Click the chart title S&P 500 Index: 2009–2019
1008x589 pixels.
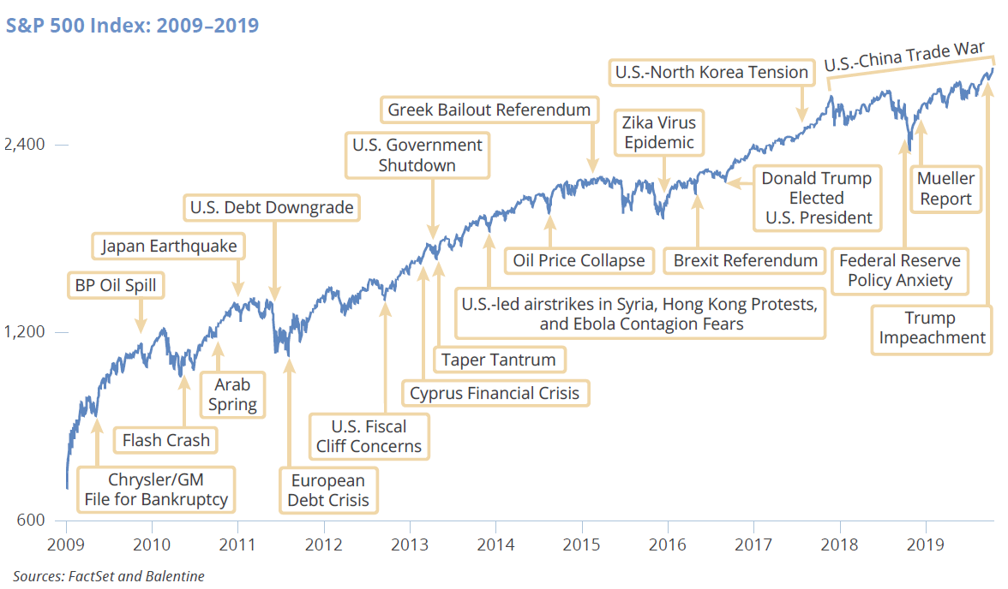132,25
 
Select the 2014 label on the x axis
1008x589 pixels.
495,544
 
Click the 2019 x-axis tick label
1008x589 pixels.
925,544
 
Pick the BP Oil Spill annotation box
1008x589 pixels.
116,285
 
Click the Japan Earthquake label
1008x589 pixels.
169,247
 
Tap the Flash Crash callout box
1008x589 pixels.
165,440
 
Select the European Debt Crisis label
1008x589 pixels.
328,490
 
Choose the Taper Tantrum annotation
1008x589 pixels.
498,360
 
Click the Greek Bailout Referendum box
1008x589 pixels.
489,110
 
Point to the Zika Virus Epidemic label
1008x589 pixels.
659,132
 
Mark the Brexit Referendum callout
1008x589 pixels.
745,260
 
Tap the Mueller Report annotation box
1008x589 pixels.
945,189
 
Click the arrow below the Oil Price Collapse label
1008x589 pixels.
549,232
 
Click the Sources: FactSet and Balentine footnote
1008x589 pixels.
109,576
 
